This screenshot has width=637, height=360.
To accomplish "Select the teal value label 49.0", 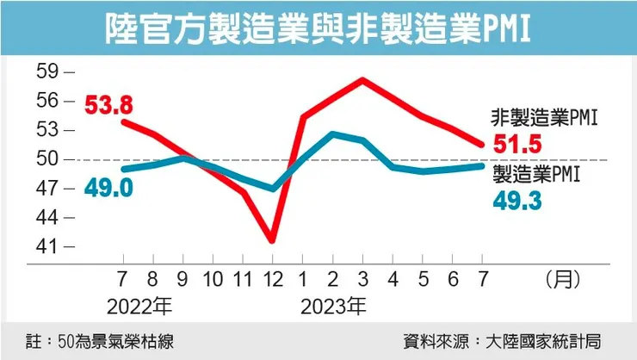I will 108,187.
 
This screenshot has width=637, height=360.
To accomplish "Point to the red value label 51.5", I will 518,144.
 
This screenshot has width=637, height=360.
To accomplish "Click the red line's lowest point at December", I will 272,240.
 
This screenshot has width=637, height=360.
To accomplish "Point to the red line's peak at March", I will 362,80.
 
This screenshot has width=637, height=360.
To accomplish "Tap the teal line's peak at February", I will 332,133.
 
